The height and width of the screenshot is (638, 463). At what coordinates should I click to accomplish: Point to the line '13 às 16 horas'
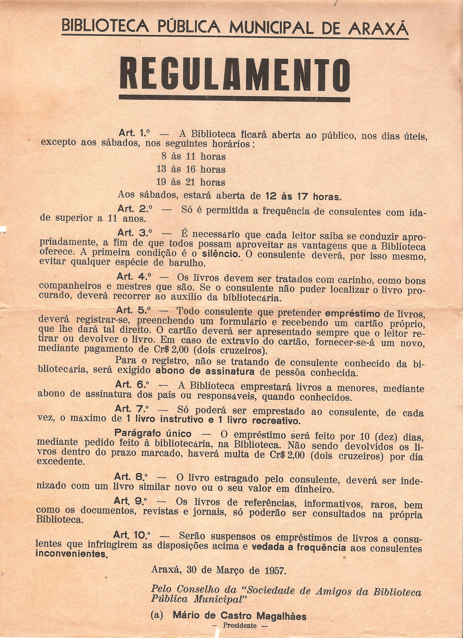(x=191, y=169)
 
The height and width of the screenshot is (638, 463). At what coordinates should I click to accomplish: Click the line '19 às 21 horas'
(x=191, y=182)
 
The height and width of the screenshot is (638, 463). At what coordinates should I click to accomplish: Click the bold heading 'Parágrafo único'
(x=153, y=434)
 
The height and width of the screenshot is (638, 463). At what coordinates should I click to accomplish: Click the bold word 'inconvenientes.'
(x=72, y=554)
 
